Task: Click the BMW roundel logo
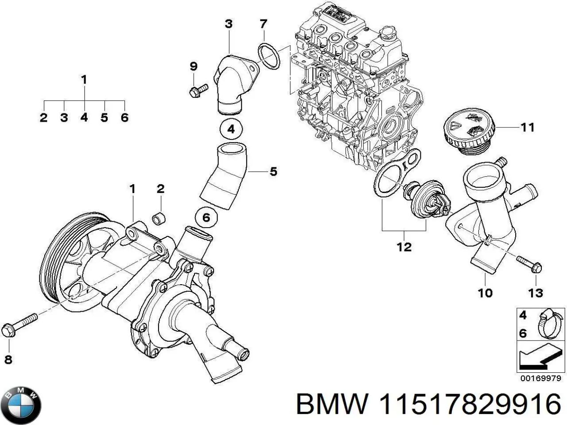point(21,404)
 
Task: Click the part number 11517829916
point(470,404)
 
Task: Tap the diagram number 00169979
point(540,379)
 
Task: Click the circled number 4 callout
point(230,130)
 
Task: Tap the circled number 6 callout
point(206,217)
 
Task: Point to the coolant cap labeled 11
point(470,131)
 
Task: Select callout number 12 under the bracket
point(404,247)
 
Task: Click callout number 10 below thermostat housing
point(485,292)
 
